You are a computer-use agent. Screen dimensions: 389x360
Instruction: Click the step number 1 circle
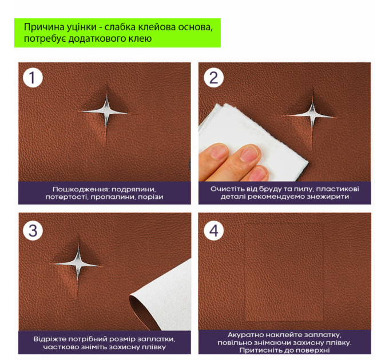tap(33, 78)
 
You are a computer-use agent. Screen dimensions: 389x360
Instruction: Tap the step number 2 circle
tap(213, 78)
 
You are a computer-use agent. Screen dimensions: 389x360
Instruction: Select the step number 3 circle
tap(33, 230)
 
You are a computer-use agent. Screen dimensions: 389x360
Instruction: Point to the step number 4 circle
tap(213, 230)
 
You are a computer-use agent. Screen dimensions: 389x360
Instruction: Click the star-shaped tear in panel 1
tap(106, 112)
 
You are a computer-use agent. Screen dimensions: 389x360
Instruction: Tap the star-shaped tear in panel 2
tap(312, 115)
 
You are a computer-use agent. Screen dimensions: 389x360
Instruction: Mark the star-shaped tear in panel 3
tap(78, 265)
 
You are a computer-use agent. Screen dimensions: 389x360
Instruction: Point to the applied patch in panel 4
tap(284, 273)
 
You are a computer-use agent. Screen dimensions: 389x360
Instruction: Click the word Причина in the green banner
tap(44, 27)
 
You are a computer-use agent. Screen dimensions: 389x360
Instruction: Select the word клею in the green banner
tap(140, 39)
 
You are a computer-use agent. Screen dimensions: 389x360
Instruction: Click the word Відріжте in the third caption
tap(49, 339)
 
